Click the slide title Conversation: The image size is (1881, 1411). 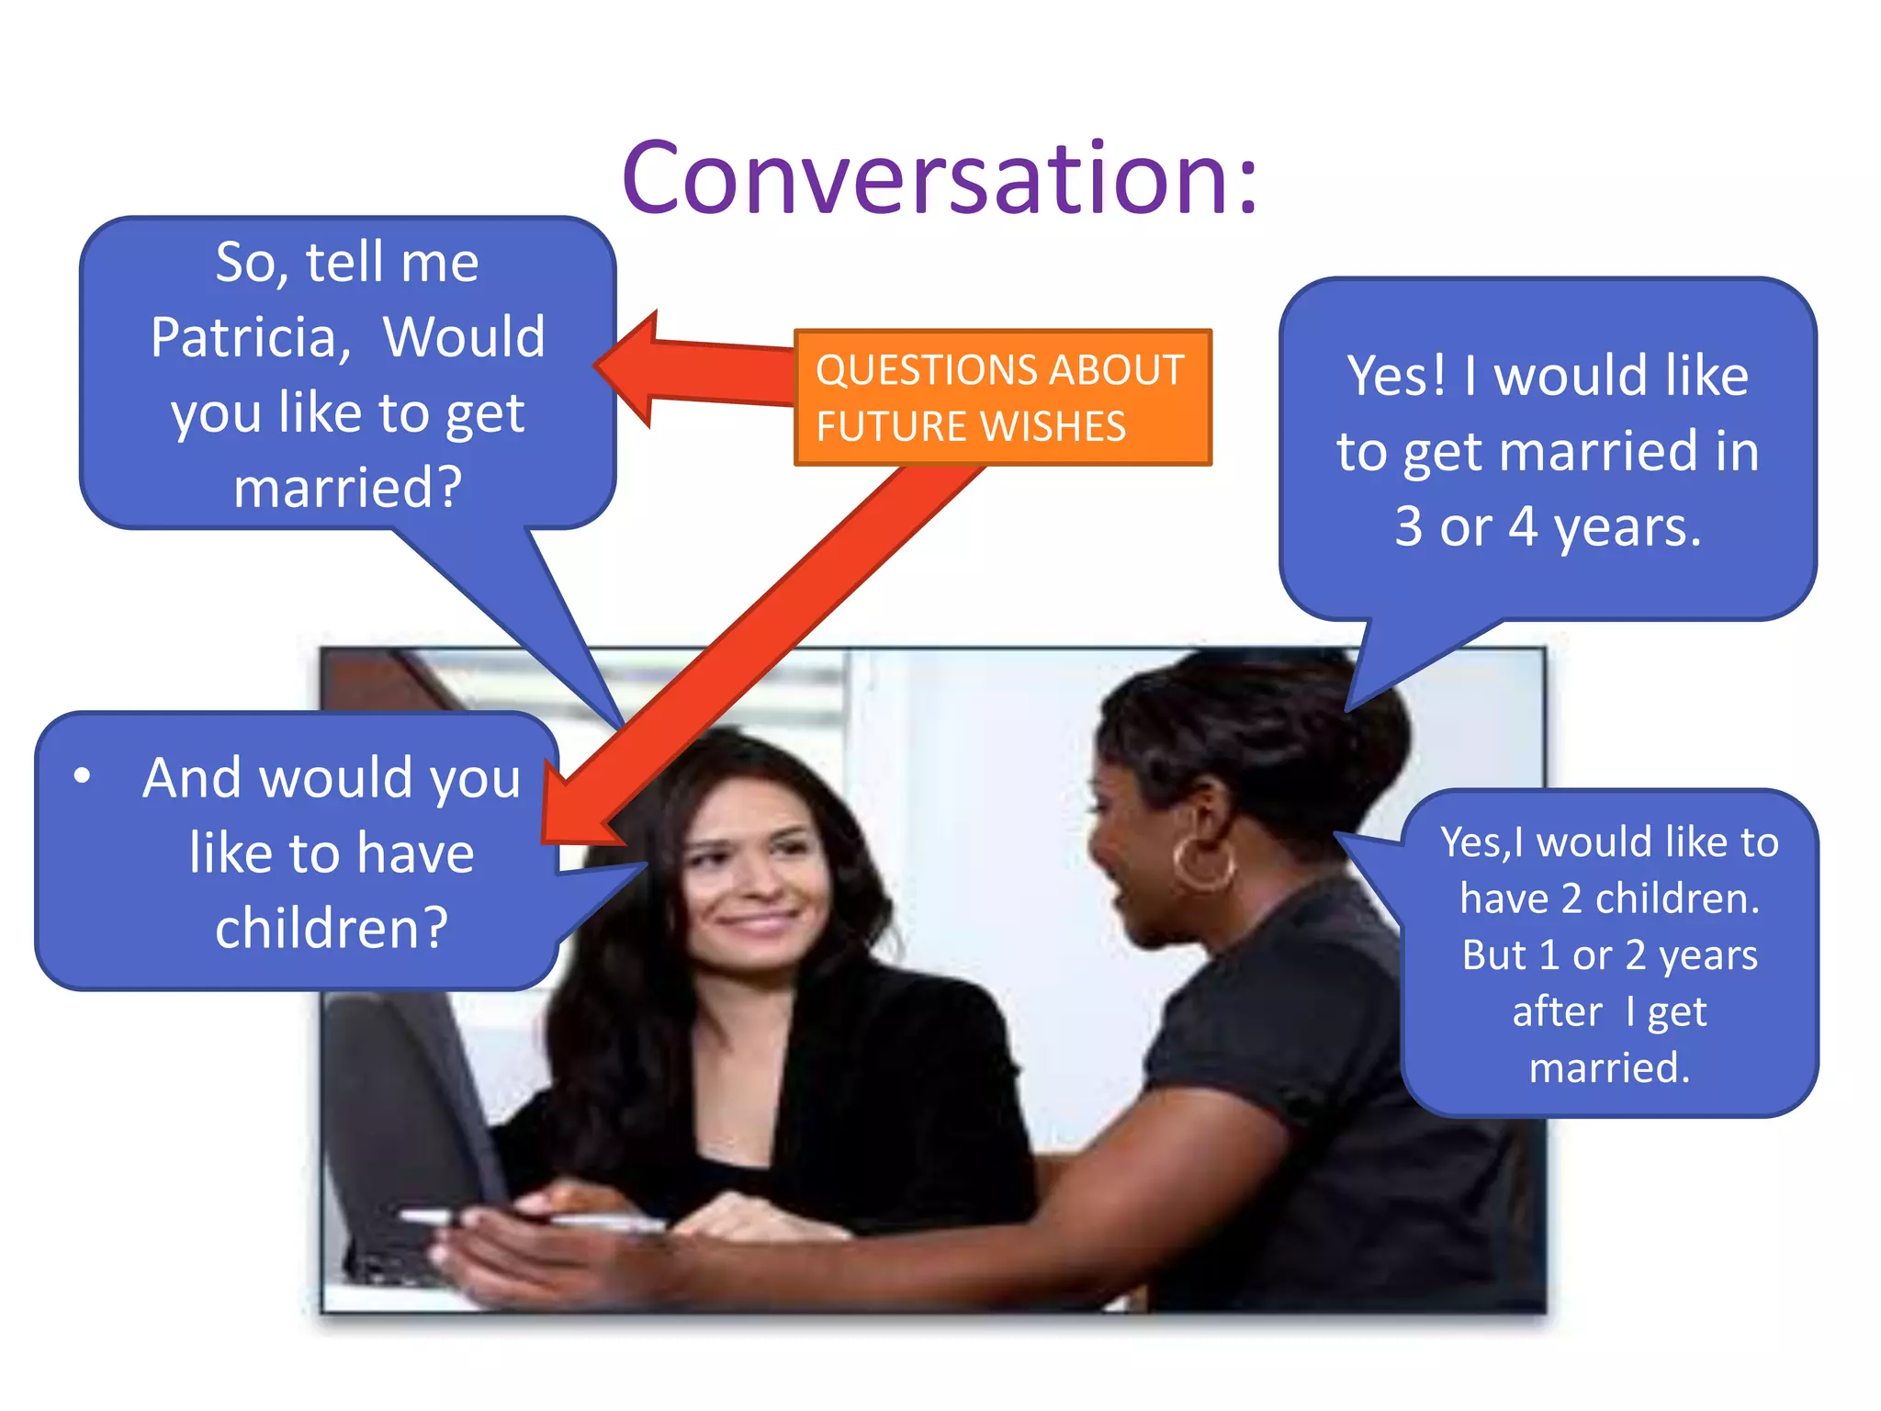[x=939, y=179]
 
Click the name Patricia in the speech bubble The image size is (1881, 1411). [x=250, y=337]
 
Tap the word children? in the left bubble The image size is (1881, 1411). [x=332, y=928]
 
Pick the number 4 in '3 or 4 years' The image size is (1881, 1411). [x=1523, y=527]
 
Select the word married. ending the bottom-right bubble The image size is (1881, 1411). [x=1609, y=1067]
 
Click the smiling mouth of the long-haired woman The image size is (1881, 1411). [x=758, y=919]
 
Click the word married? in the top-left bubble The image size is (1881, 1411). [x=347, y=487]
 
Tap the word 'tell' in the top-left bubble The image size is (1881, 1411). [x=344, y=263]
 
